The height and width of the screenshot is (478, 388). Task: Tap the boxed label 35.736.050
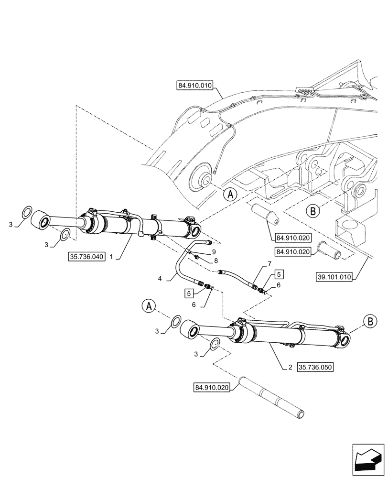315,368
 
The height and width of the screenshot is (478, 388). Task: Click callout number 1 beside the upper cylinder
111,257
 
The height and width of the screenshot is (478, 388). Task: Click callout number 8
216,261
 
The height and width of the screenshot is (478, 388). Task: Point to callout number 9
214,251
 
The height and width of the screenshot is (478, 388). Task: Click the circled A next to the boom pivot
230,194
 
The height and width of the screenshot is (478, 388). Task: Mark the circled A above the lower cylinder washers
149,306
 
